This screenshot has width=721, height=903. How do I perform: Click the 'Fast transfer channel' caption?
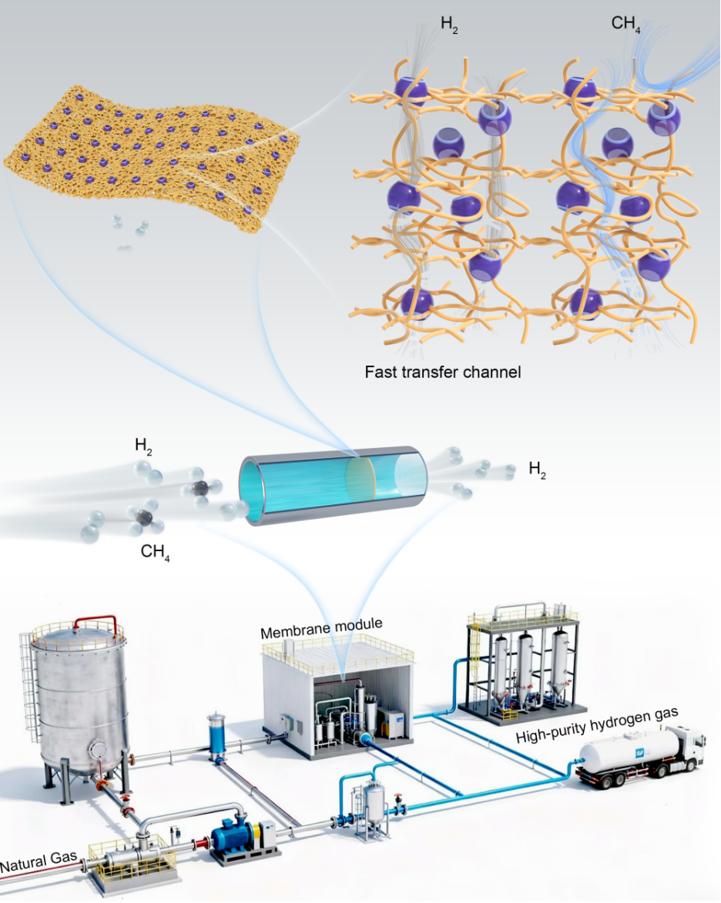pos(443,372)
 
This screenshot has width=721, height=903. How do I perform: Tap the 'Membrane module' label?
pos(321,628)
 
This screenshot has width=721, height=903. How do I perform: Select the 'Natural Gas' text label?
pos(39,862)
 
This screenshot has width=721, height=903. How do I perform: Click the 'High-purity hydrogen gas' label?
pos(596,725)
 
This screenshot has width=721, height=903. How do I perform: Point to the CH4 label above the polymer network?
pos(625,24)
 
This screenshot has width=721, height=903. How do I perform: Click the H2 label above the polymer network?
pos(450,24)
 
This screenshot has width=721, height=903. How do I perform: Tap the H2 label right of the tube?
pos(537,470)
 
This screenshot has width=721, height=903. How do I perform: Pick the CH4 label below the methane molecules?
pos(155,552)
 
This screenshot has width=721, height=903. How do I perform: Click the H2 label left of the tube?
pos(143,446)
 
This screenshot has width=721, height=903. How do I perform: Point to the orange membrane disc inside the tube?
pos(360,479)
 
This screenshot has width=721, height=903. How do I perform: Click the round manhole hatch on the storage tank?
pos(98,751)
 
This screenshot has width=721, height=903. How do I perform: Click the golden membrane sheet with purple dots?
pos(152,156)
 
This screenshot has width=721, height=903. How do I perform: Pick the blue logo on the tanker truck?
pos(639,753)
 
